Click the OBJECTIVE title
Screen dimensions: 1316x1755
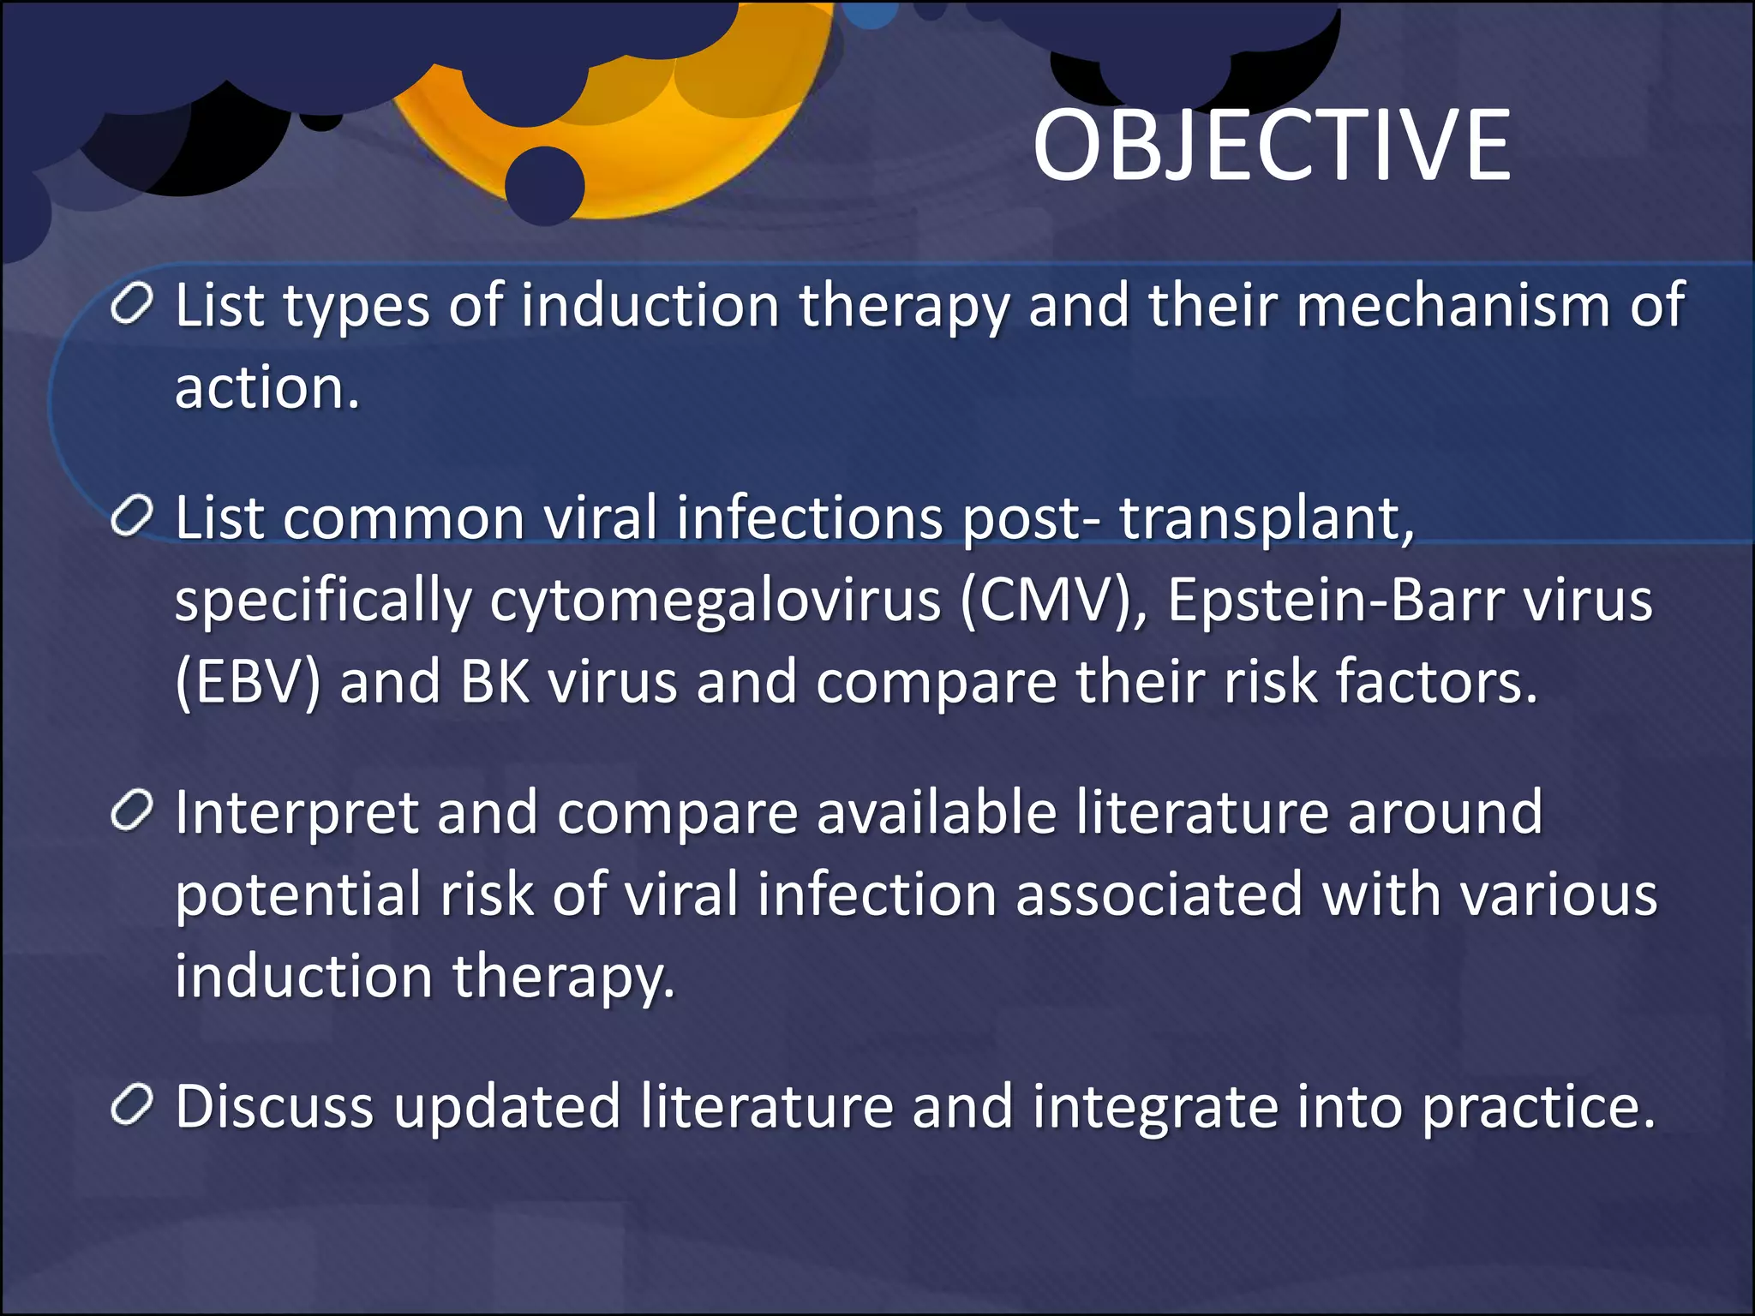[x=1272, y=147]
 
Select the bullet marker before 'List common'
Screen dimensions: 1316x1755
[x=132, y=517]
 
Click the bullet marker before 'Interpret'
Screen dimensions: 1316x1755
[x=132, y=811]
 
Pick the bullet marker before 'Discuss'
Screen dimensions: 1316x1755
[x=132, y=1105]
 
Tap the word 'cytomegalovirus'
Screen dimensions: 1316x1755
[x=715, y=601]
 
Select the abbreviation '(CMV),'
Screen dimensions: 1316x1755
[x=1053, y=601]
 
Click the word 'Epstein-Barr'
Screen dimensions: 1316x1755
[x=1334, y=599]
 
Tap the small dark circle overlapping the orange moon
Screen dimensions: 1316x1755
[x=544, y=185]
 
